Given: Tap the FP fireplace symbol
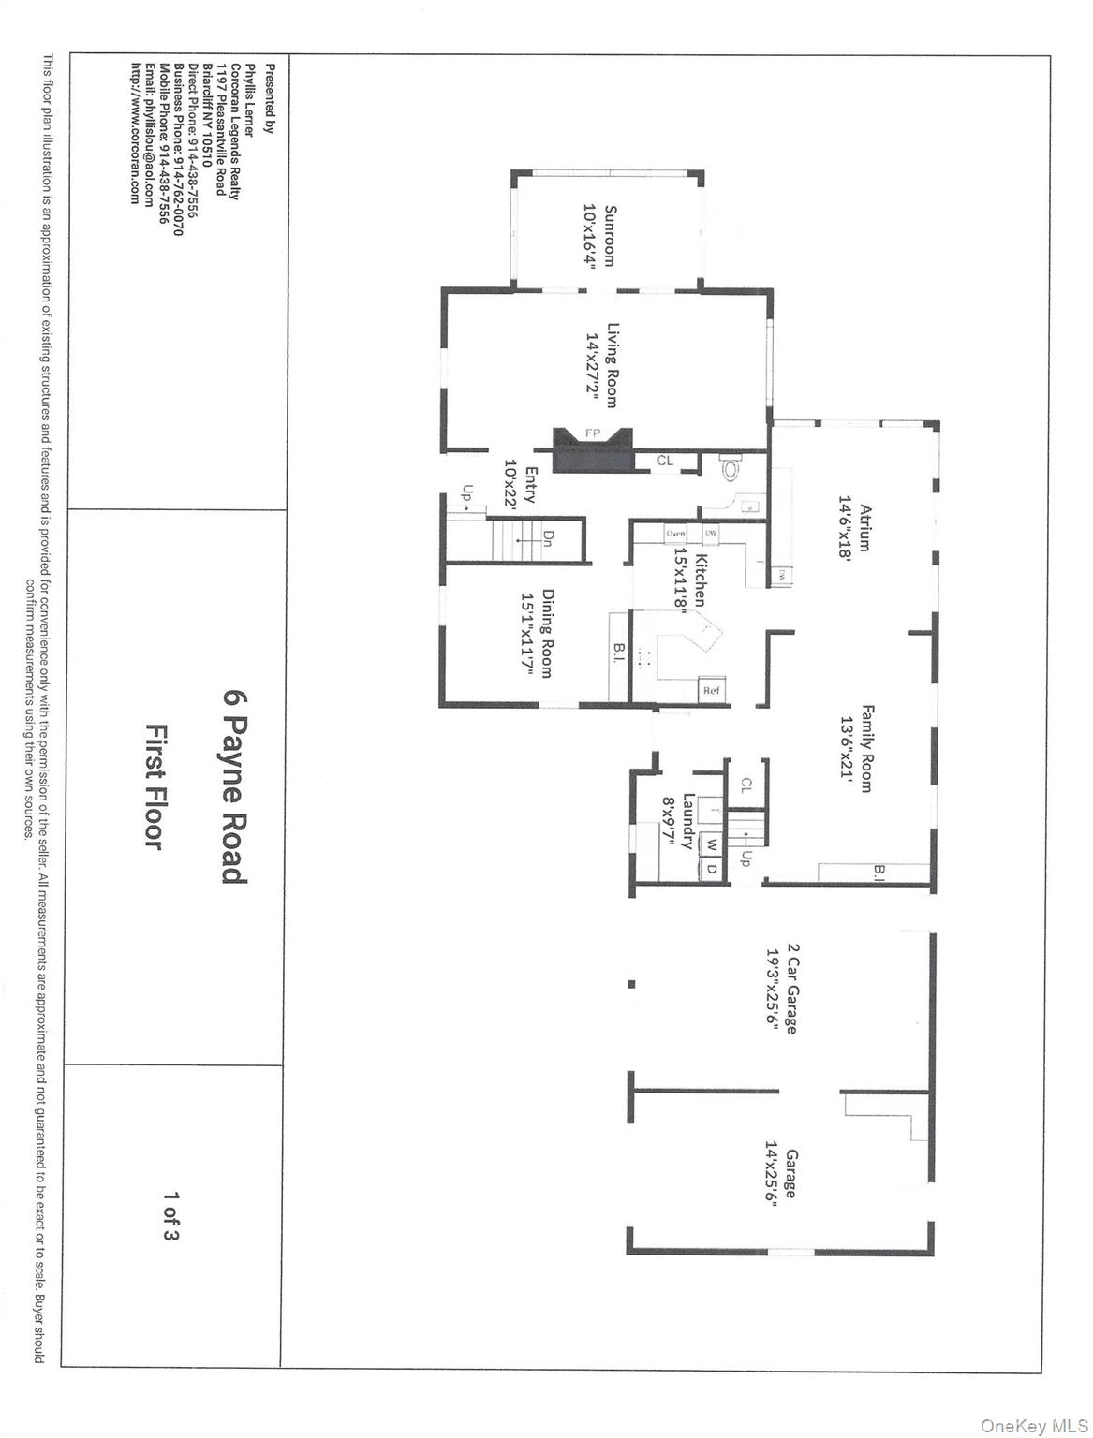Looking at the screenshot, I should pos(592,434).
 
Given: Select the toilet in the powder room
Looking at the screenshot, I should pos(731,467).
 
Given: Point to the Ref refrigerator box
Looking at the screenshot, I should pos(711,691).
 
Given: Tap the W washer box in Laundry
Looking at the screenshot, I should pos(712,844).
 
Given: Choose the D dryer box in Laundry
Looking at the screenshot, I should pos(712,868).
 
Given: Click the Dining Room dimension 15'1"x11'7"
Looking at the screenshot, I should pos(529,634).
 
